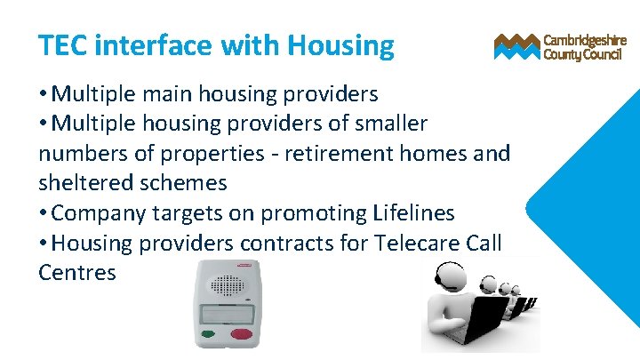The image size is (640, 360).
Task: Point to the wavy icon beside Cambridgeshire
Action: click(x=516, y=47)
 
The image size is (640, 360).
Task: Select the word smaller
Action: click(x=385, y=123)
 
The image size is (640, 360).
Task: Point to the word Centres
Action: click(x=77, y=272)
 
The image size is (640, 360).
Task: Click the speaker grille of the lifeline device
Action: click(x=226, y=285)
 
